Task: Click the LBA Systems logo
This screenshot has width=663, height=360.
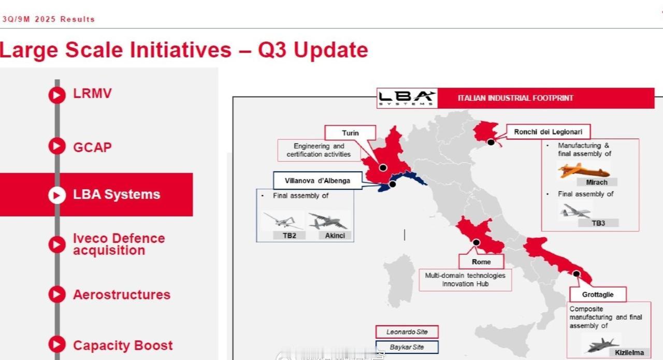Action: tap(407, 98)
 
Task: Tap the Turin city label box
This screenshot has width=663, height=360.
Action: tap(350, 133)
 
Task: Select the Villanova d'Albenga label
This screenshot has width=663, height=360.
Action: tap(318, 181)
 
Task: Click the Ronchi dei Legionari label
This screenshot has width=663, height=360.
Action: tap(548, 132)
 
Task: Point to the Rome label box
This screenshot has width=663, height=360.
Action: tap(481, 262)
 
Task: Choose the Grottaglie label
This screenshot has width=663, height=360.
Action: tap(598, 295)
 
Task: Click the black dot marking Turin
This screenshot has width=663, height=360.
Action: tap(383, 167)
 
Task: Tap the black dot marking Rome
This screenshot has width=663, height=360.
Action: tap(476, 242)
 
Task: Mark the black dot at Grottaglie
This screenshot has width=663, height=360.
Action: tap(576, 274)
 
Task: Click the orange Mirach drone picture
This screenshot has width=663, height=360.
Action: tap(584, 170)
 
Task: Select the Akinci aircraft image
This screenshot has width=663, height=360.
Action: tap(328, 221)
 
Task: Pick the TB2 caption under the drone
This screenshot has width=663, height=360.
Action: tap(289, 236)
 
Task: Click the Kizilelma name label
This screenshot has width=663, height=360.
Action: tap(629, 353)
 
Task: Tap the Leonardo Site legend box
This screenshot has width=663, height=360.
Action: tap(407, 332)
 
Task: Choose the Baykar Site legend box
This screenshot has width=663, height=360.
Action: tap(407, 347)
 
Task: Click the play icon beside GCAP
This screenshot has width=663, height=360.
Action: tap(57, 146)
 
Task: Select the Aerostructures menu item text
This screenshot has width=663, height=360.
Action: tap(122, 295)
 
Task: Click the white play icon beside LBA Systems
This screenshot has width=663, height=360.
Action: tap(57, 195)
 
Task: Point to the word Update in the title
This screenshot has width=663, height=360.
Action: tap(330, 50)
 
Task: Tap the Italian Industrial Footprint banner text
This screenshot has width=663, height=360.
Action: tap(515, 98)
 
